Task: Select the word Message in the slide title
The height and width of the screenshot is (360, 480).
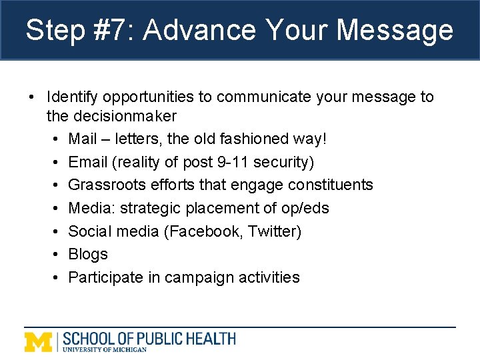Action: click(x=395, y=31)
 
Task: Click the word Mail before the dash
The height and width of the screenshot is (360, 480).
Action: click(x=83, y=139)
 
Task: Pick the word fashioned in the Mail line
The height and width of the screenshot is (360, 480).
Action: click(x=259, y=139)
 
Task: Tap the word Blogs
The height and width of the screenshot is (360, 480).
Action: click(x=88, y=254)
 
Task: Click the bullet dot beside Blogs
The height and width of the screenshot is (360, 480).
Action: click(x=55, y=255)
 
